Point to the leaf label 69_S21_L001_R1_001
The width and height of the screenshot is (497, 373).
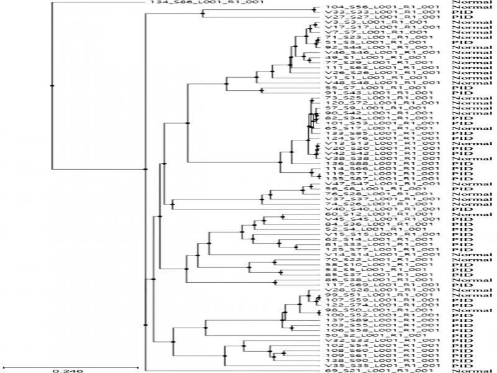(378, 371)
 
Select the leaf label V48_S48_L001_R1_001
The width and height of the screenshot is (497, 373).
(378, 83)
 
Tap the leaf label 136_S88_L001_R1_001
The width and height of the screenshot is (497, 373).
(378, 163)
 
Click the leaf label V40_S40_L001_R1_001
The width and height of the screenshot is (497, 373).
(378, 209)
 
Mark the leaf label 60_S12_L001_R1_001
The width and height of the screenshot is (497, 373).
(378, 214)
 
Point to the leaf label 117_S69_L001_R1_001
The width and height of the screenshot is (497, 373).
(378, 285)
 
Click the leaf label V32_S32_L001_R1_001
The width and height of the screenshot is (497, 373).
(378, 340)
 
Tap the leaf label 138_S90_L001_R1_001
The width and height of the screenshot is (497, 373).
(378, 361)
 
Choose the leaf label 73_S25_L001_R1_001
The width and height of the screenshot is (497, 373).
(378, 98)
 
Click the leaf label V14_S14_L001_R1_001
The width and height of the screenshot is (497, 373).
(378, 254)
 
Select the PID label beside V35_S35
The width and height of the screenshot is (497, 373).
(460, 366)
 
